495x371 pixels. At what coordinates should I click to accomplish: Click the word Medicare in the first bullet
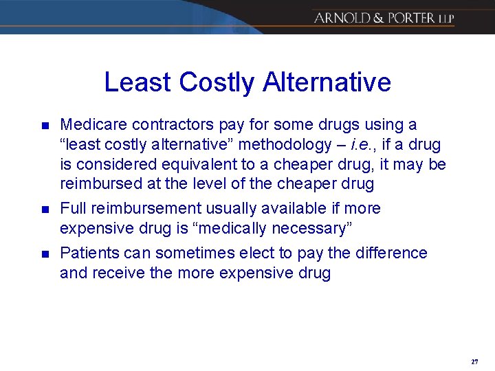(92, 125)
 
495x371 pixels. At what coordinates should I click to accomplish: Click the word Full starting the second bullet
(74, 209)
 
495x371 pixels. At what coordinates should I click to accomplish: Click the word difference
(390, 253)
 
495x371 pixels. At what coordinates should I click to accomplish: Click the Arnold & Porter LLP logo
(384, 17)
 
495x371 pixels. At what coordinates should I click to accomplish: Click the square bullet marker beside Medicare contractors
(45, 126)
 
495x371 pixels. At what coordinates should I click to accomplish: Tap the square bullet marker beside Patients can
(45, 254)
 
